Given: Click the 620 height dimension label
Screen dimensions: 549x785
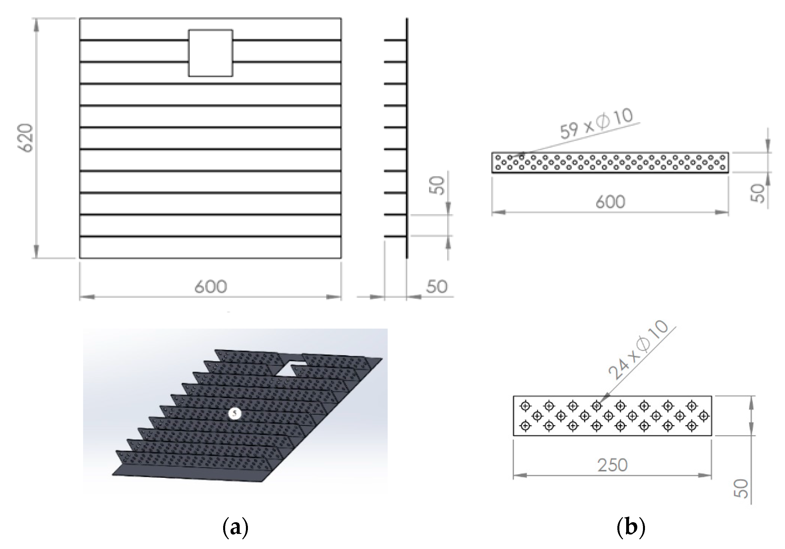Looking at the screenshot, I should tap(26, 138).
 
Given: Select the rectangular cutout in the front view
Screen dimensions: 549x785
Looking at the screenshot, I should tap(211, 53).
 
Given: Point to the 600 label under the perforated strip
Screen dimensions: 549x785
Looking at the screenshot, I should tap(610, 202).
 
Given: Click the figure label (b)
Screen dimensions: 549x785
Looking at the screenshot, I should tap(631, 527).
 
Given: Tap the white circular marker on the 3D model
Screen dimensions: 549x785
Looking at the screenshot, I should tap(235, 413).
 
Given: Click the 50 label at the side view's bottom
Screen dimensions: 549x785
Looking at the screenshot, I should tap(437, 287).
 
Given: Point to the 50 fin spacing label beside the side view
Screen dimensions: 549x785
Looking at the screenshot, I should tap(437, 185).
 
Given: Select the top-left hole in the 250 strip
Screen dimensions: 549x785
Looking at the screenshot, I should tap(525, 406).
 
